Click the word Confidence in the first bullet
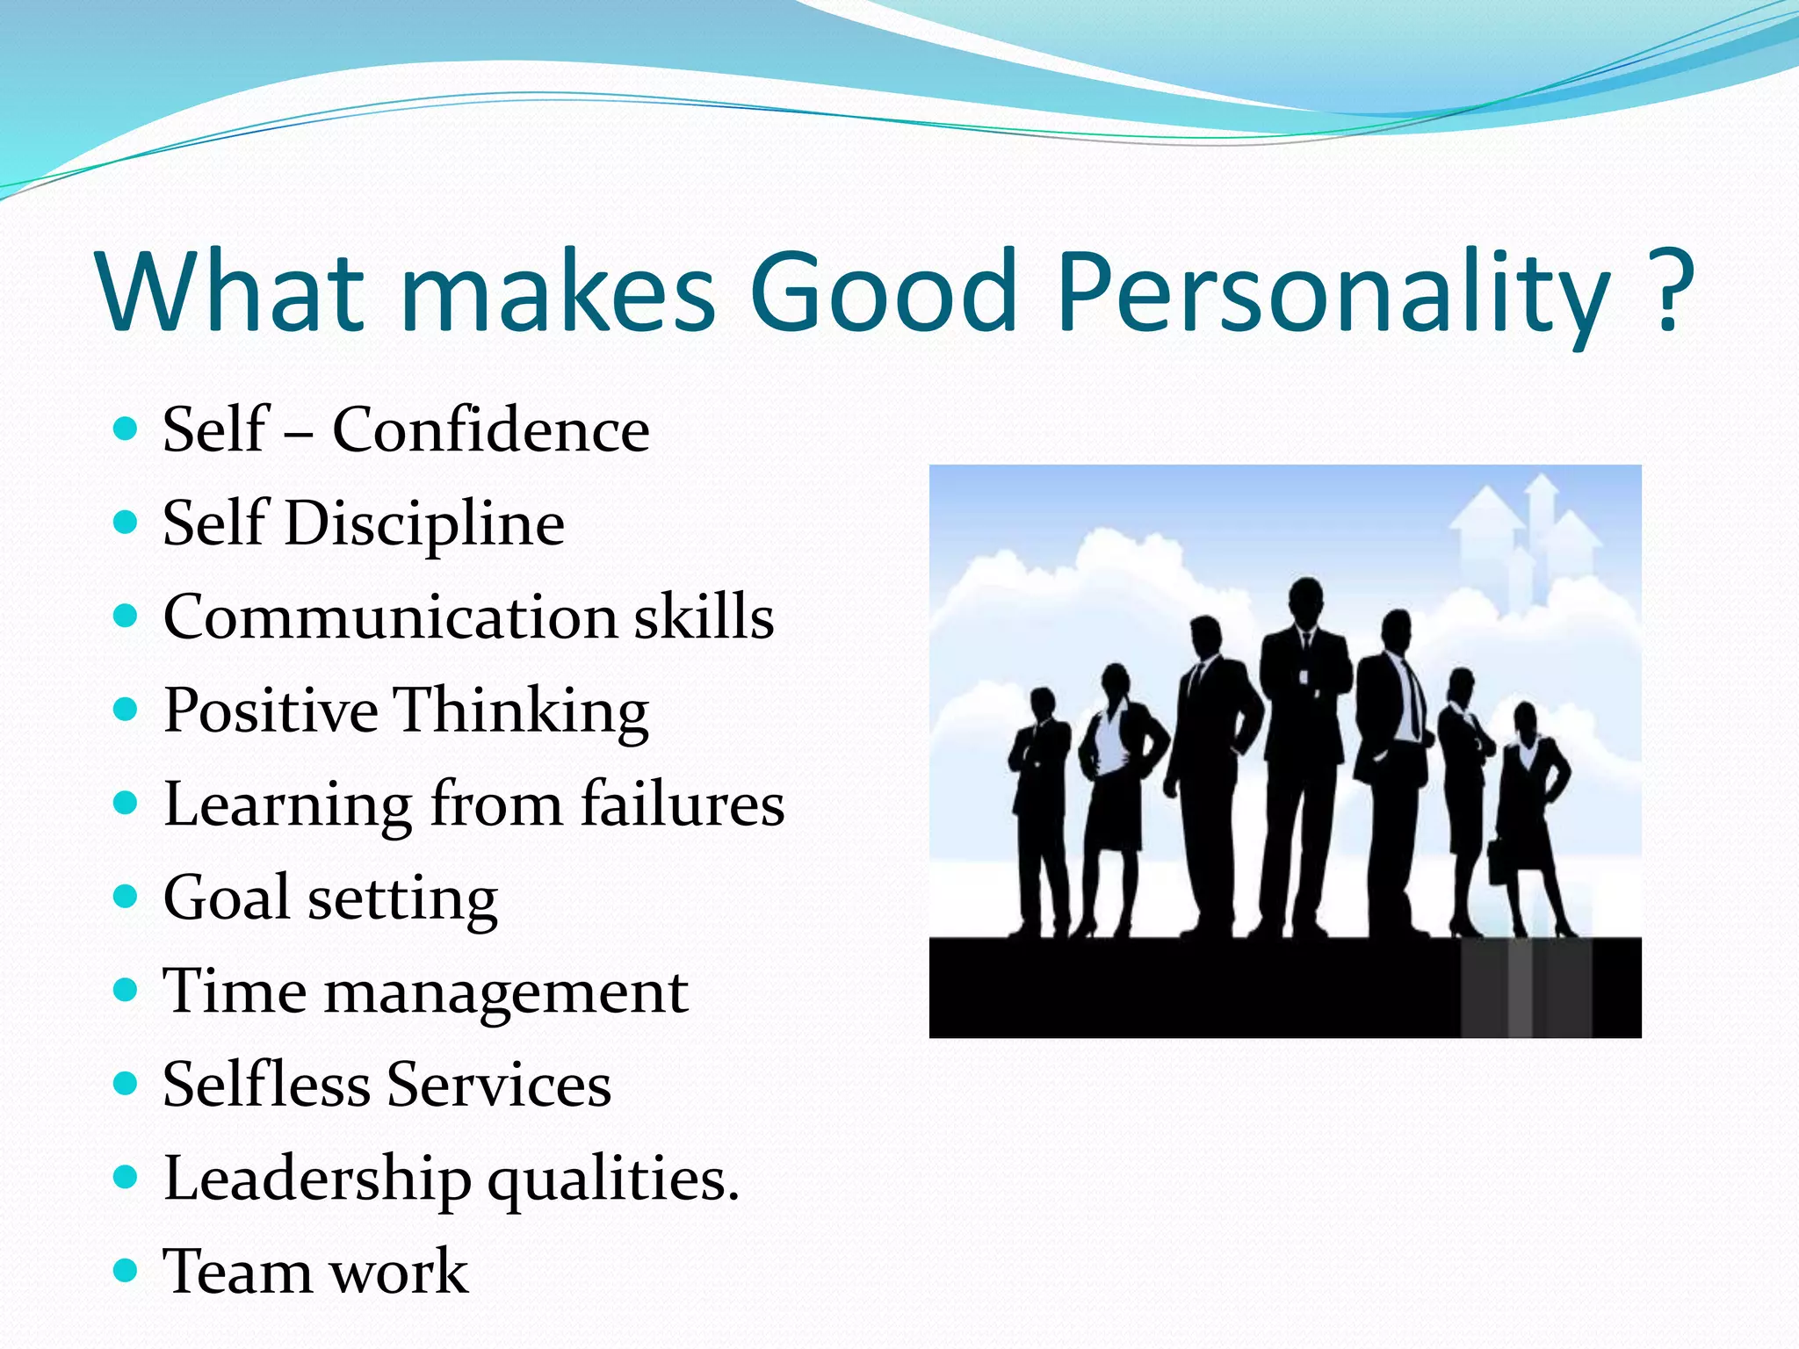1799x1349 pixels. [490, 430]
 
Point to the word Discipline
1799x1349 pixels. [424, 524]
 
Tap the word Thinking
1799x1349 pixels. [520, 711]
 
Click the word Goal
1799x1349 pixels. [226, 898]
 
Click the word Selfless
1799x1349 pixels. [265, 1085]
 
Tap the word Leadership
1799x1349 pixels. [317, 1179]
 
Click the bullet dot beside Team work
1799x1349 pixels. [126, 1271]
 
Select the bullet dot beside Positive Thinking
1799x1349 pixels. [126, 708]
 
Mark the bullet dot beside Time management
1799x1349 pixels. [126, 991]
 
